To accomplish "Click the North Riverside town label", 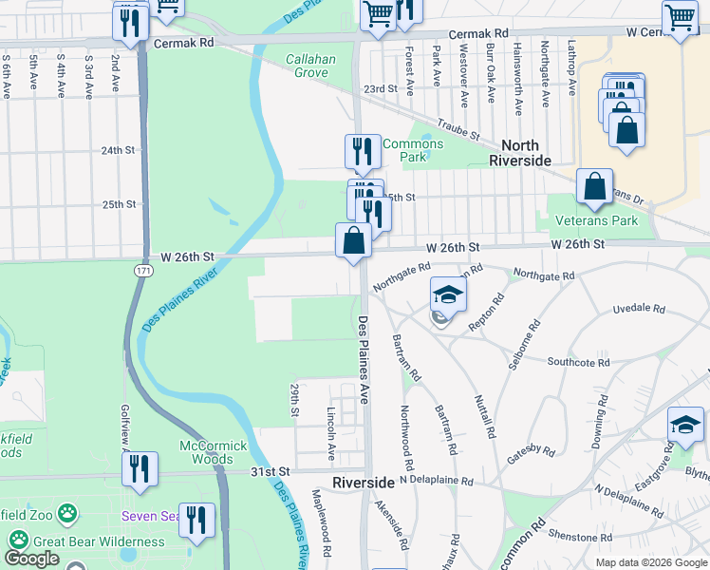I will click(x=519, y=152).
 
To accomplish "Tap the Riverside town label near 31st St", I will click(x=363, y=483).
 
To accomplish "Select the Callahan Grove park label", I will click(x=310, y=66).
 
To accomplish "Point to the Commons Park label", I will click(x=407, y=150).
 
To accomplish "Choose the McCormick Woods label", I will click(x=214, y=452).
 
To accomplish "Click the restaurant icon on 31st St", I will click(x=140, y=469).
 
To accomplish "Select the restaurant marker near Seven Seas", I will click(x=196, y=520).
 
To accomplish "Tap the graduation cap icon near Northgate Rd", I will click(x=448, y=294).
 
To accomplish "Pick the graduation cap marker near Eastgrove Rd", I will click(x=685, y=425).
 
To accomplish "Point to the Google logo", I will click(x=32, y=559).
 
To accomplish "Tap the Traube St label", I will click(x=459, y=130).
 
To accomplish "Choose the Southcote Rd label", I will click(x=578, y=362).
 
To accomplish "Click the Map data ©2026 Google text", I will click(x=650, y=562).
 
